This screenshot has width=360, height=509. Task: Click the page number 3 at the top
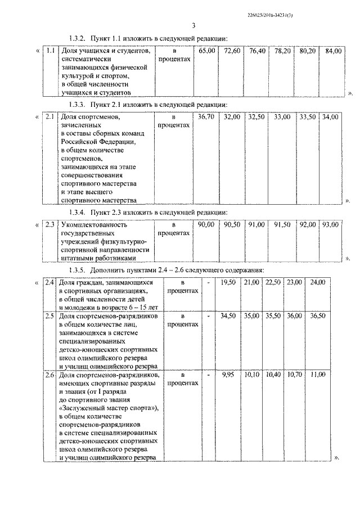(x=192, y=25)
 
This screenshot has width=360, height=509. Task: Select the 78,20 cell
(x=282, y=51)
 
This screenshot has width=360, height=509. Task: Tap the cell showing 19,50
(x=228, y=282)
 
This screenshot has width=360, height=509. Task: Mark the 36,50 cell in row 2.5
(x=318, y=317)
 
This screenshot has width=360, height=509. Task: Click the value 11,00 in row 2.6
(x=318, y=374)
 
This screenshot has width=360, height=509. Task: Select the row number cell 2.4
(x=50, y=282)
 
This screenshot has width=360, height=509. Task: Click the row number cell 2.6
(x=50, y=374)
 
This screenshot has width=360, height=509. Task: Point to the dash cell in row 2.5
(x=208, y=317)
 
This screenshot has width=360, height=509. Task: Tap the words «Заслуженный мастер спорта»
(x=108, y=408)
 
